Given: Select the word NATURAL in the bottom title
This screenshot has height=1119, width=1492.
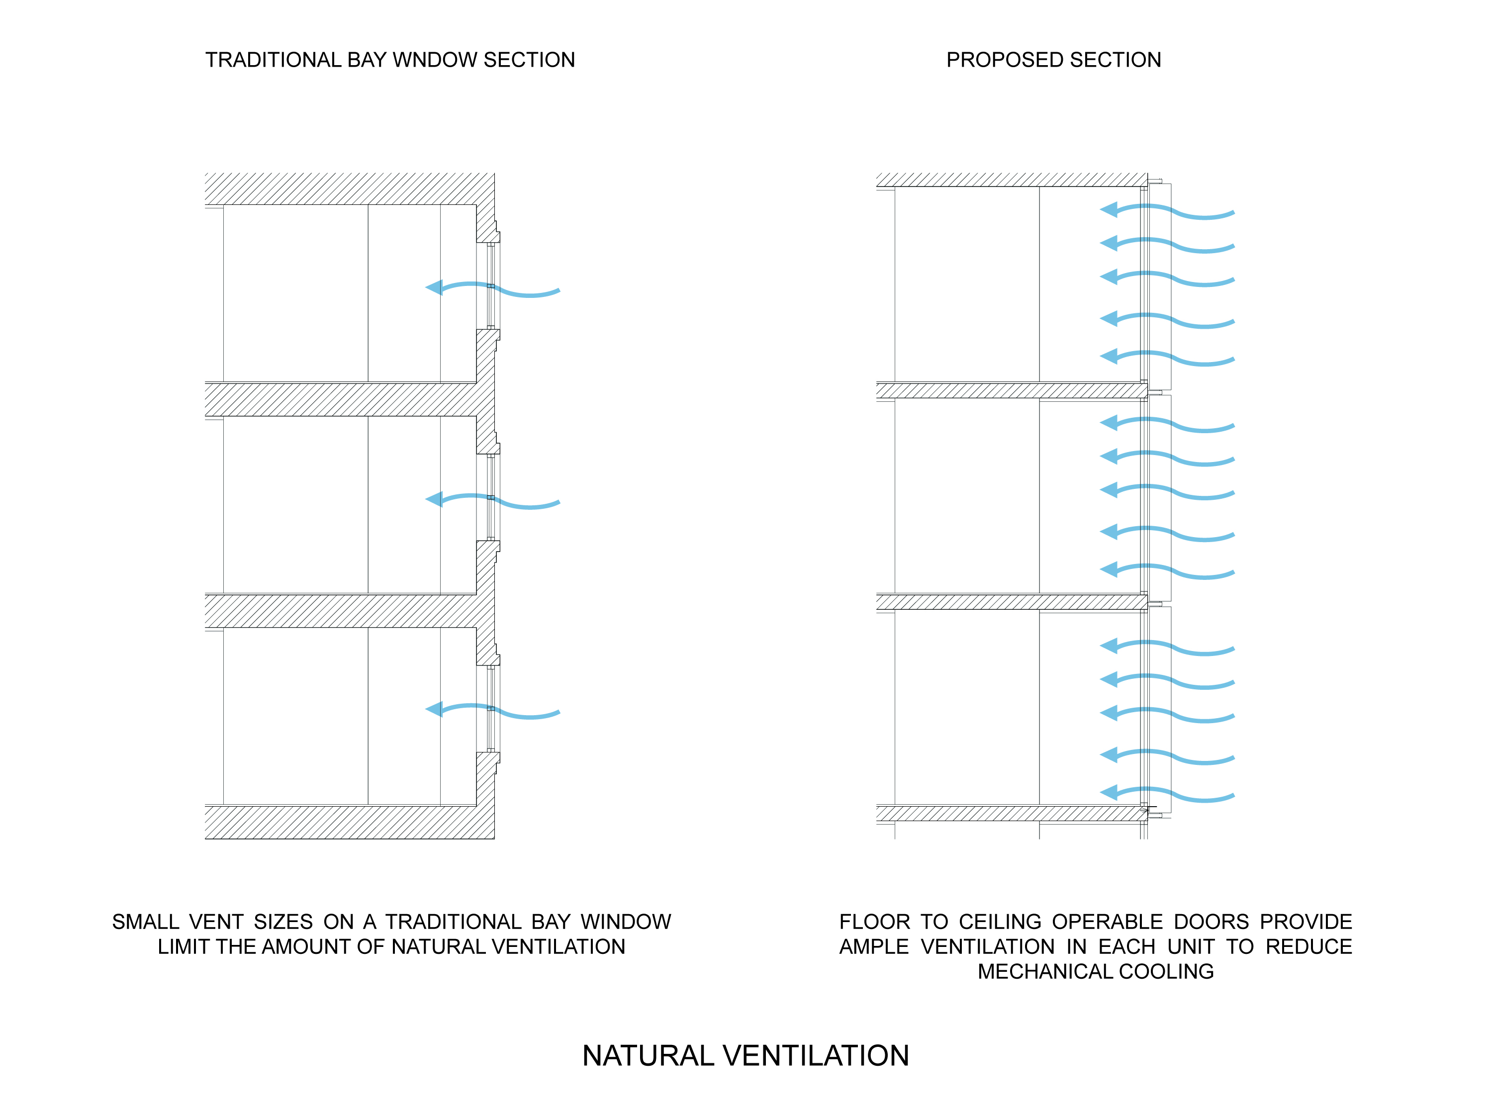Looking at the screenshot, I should click(648, 1056).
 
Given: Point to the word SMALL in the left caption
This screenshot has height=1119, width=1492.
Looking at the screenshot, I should click(145, 922).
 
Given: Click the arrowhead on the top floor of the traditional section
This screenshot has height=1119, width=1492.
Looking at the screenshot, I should click(434, 287).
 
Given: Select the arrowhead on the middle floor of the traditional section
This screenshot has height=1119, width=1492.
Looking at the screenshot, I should click(434, 499).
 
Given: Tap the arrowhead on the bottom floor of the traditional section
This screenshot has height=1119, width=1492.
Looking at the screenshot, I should click(434, 709).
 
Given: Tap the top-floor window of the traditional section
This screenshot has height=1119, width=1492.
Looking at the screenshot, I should click(491, 286).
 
